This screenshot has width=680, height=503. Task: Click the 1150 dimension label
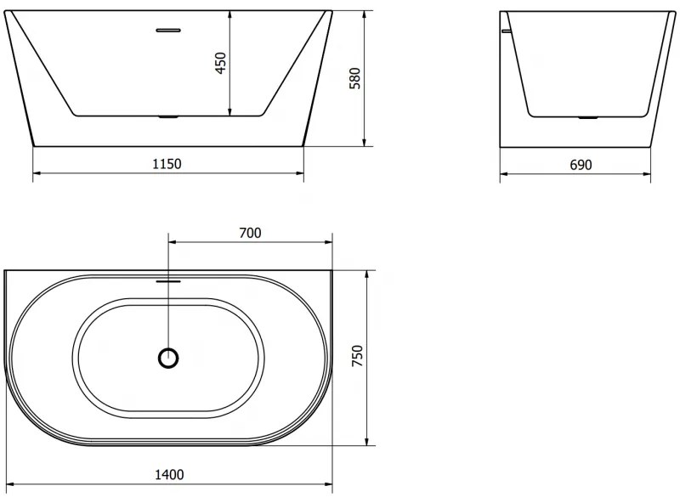click(x=168, y=163)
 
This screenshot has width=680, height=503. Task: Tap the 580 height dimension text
click(x=356, y=78)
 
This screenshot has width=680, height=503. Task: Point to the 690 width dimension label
click(x=580, y=165)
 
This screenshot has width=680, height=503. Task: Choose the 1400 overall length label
click(x=169, y=475)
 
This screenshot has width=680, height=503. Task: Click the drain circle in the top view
click(x=169, y=358)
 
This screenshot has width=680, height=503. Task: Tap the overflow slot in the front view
click(x=168, y=30)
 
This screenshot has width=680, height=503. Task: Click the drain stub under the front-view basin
click(x=168, y=117)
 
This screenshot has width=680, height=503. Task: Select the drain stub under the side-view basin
click(x=588, y=117)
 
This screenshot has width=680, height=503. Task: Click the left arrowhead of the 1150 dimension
click(x=37, y=174)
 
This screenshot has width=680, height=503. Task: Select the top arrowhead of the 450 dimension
click(x=229, y=15)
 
